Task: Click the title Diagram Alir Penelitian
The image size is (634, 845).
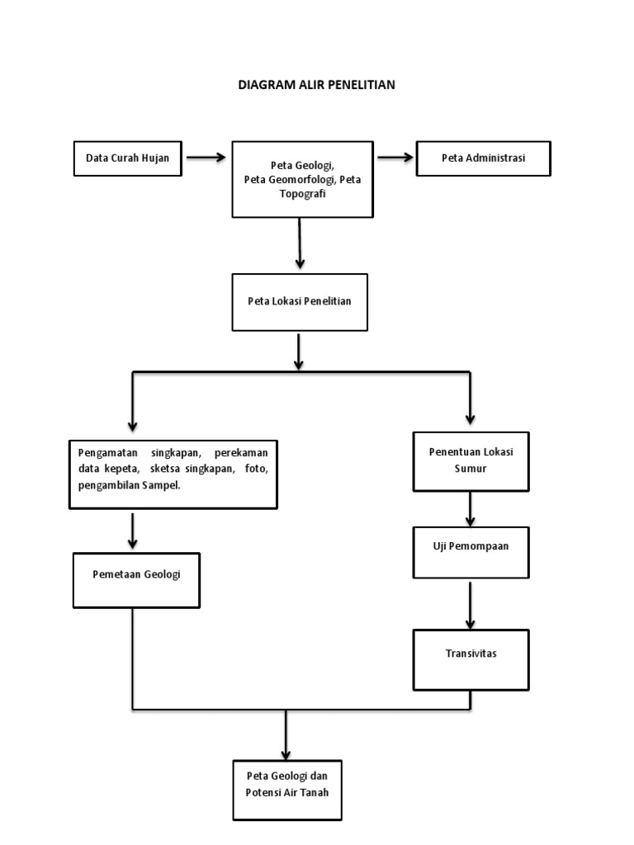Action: [317, 84]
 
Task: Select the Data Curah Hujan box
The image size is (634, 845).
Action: [127, 158]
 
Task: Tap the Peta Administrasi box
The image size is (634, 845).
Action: [483, 158]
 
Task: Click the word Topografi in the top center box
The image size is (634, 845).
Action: [302, 192]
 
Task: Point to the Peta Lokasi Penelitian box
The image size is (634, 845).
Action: [299, 301]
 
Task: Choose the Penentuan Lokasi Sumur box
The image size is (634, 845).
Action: [471, 460]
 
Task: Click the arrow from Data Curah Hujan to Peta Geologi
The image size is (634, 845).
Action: [206, 158]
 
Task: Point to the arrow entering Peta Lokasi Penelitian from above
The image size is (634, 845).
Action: [300, 243]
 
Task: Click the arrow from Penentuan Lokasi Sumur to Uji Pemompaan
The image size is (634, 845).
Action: [471, 509]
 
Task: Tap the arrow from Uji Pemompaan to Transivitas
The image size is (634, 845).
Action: [471, 606]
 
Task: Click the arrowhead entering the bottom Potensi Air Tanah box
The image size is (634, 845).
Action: [286, 752]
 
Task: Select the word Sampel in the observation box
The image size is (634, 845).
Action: [159, 485]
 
